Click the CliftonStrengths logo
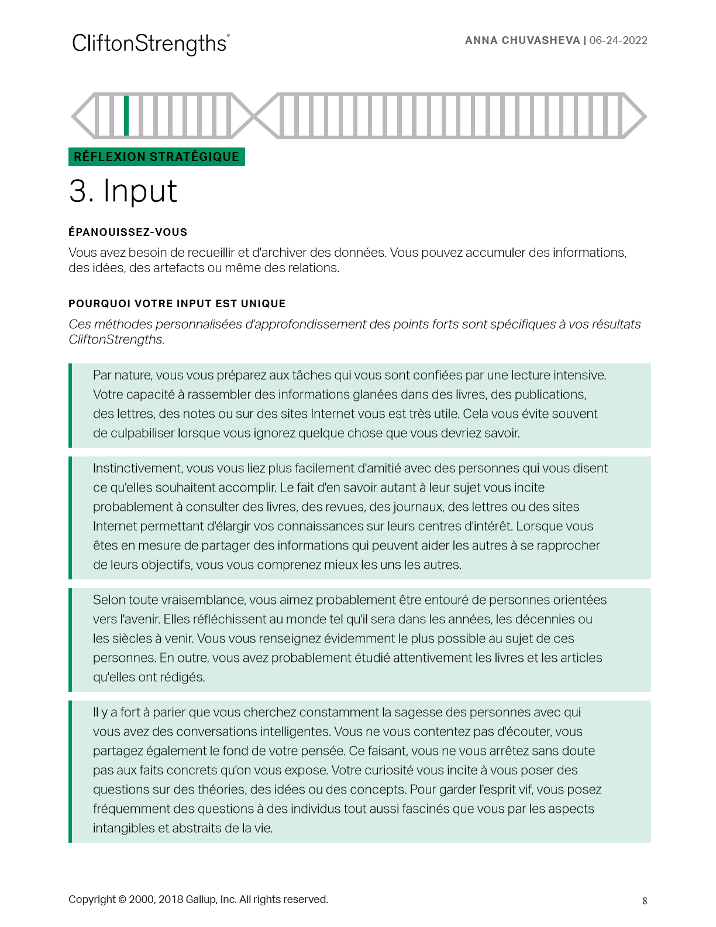150,44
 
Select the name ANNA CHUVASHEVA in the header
522,40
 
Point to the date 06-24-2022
618,40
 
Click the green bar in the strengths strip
126,116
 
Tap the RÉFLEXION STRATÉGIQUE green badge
157,157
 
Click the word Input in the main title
140,191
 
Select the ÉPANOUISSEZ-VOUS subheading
128,232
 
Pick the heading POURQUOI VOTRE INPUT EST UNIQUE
177,304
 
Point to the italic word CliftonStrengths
116,339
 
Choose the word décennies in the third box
545,619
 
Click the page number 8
645,901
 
